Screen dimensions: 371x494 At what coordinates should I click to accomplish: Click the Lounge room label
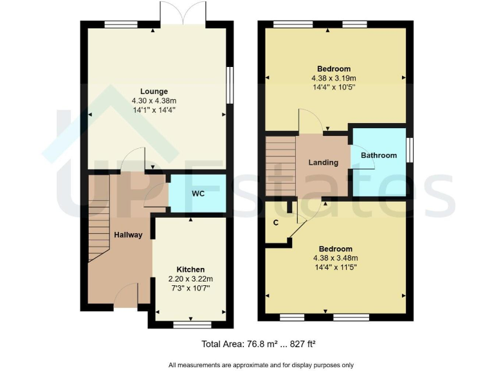[x=154, y=91]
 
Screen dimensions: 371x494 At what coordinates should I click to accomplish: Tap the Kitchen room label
[x=190, y=269]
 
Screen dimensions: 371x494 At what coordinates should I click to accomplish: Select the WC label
[x=198, y=194]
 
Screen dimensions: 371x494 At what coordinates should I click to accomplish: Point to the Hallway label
[x=128, y=235]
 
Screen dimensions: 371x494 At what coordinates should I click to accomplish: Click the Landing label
[x=323, y=162]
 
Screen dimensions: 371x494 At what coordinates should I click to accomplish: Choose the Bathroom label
[x=378, y=155]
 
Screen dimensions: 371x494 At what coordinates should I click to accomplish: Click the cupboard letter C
[x=275, y=223]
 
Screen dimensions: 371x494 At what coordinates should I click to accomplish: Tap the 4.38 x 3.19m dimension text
[x=334, y=79]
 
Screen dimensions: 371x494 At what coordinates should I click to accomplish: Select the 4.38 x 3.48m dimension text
[x=335, y=258]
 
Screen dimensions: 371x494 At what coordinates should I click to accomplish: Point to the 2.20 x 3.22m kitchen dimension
[x=190, y=279]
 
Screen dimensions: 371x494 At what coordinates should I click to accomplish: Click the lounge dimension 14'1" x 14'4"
[x=154, y=110]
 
